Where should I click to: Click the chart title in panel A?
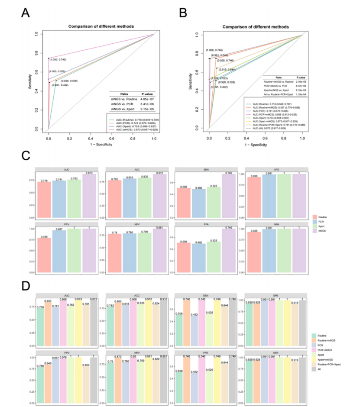[101, 26]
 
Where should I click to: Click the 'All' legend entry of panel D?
[320, 369]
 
